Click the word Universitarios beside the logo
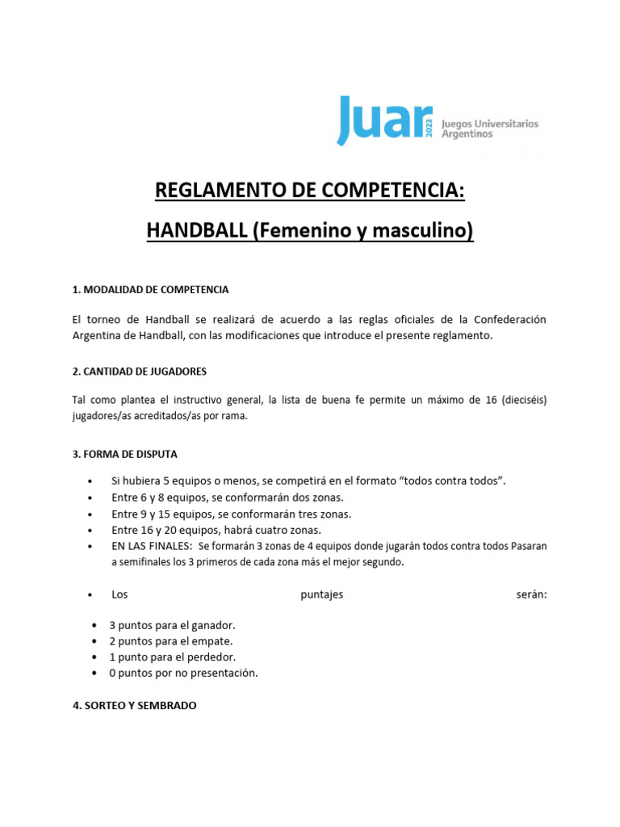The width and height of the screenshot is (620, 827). point(501,124)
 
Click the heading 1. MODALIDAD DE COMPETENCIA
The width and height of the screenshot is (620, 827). point(151,289)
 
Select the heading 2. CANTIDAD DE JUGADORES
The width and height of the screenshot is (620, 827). point(140,371)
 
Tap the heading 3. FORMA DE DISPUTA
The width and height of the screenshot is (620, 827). point(124,453)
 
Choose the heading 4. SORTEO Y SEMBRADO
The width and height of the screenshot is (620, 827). point(134,705)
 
